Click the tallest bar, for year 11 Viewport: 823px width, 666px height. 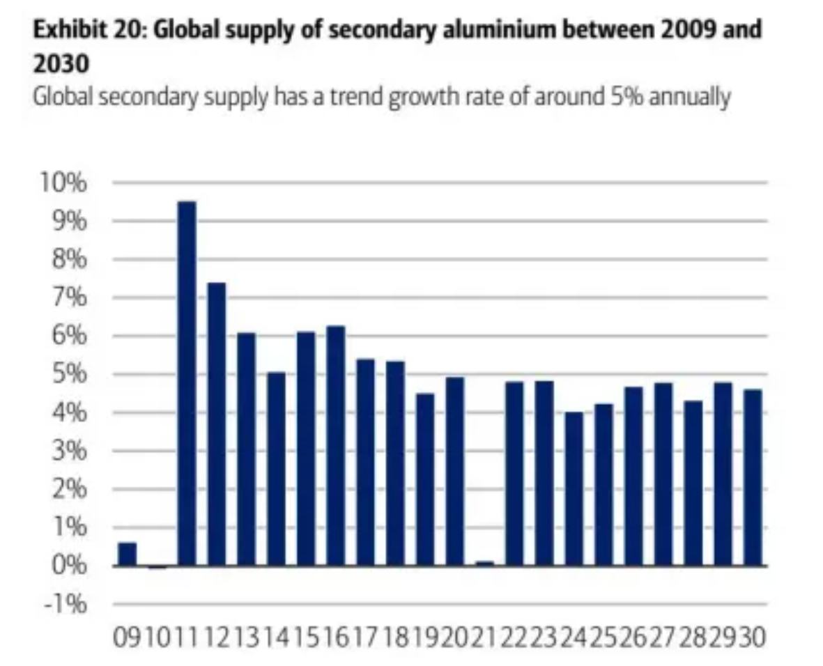tap(187, 383)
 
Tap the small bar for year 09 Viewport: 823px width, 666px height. tap(127, 554)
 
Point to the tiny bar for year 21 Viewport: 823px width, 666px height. tap(484, 563)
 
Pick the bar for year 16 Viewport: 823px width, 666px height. tap(335, 445)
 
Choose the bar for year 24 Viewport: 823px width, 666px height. tap(574, 488)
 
